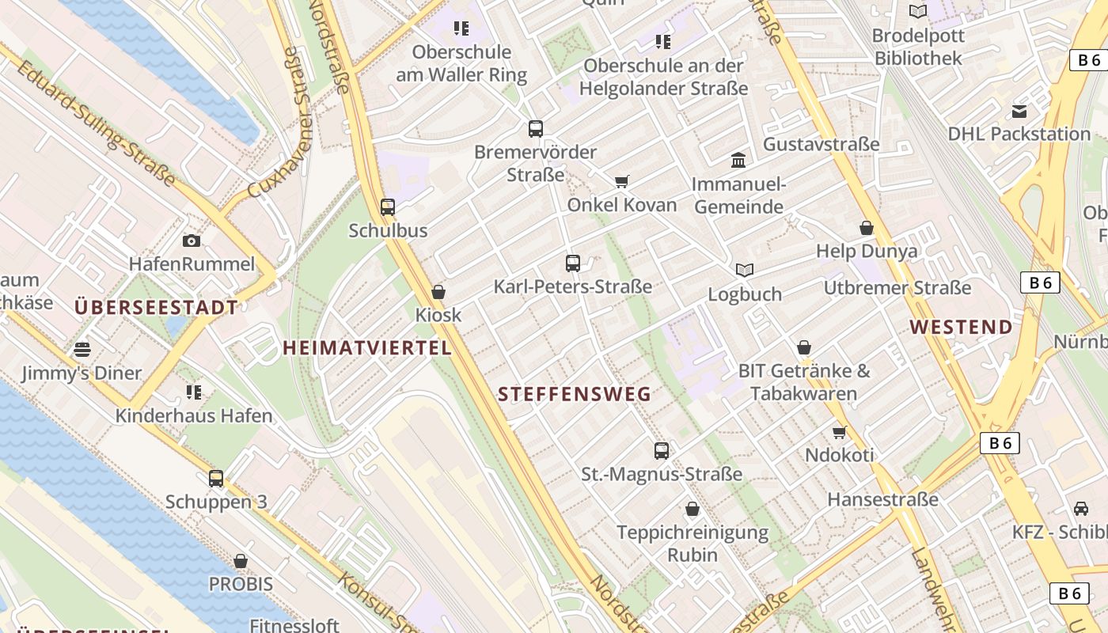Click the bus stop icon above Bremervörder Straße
[536, 128]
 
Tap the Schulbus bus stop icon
[388, 207]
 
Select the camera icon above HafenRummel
[191, 241]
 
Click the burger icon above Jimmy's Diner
[82, 349]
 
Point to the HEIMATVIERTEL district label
[367, 347]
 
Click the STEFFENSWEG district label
[575, 393]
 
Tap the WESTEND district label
[961, 327]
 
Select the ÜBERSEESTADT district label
[156, 307]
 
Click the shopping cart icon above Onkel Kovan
[622, 182]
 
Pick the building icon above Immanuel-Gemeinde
[738, 161]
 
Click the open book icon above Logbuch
[745, 271]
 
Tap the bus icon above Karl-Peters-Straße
[573, 263]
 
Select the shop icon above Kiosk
[438, 292]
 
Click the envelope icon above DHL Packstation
[1019, 111]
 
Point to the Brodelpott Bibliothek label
[917, 47]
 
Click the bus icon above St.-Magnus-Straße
[662, 451]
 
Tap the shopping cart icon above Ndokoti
[839, 432]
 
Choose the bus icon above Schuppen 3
[216, 479]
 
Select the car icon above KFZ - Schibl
[1081, 509]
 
